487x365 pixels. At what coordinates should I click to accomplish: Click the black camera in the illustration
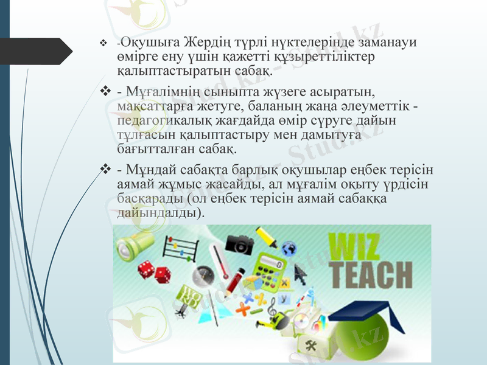coord(239,244)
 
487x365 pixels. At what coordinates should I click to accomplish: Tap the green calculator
coord(270,265)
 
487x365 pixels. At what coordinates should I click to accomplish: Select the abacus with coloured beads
coord(180,250)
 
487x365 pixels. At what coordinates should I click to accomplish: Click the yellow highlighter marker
coord(266,236)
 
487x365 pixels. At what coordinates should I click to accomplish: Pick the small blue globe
coord(289,248)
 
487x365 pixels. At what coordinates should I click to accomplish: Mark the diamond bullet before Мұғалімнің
coord(105,92)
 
